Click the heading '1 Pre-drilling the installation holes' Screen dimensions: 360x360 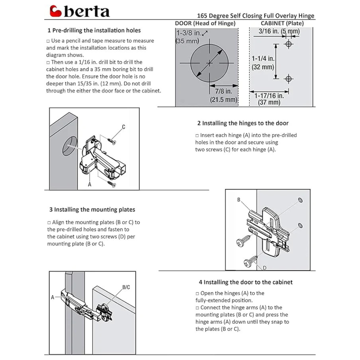click(94, 30)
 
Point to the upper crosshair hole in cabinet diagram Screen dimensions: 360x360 click(288, 44)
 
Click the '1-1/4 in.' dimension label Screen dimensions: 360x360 click(263, 58)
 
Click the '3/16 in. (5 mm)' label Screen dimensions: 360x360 click(279, 31)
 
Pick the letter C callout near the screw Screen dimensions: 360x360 click(123, 127)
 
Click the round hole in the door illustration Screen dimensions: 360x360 click(70, 147)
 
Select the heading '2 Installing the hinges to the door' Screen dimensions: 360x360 click(243, 123)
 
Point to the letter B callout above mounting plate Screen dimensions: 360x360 click(238, 199)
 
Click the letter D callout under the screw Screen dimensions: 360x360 click(264, 267)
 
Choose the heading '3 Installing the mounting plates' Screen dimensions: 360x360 click(92, 210)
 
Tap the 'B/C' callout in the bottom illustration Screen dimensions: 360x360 click(126, 287)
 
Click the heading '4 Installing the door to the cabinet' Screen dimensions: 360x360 click(246, 282)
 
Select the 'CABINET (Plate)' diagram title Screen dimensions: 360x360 click(282, 23)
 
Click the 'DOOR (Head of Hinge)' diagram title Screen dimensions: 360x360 click(205, 23)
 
